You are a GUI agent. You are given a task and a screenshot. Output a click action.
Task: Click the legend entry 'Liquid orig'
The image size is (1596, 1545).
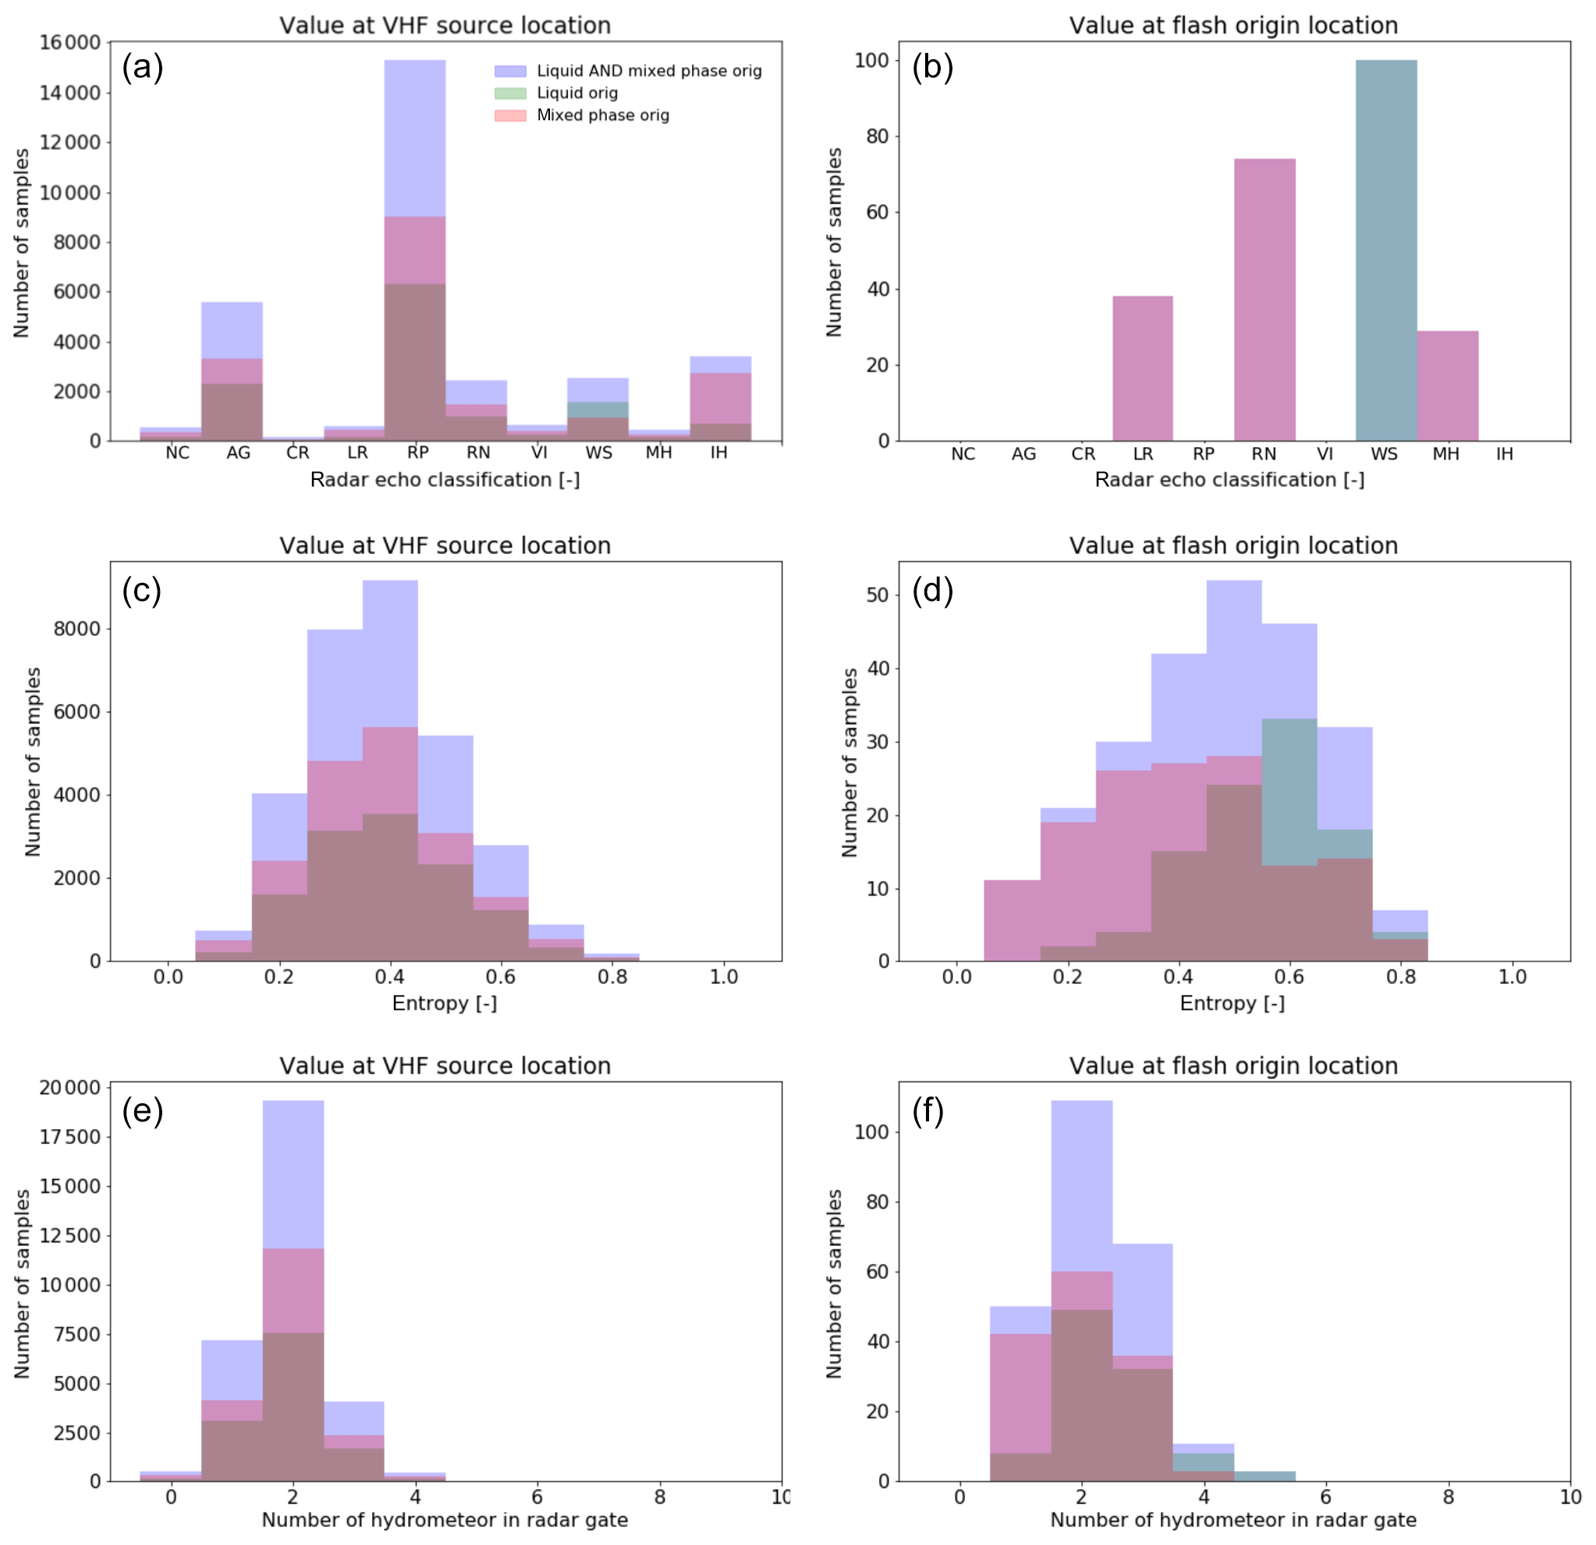576,93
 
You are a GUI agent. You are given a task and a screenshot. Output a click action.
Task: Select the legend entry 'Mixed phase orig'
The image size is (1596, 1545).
602,115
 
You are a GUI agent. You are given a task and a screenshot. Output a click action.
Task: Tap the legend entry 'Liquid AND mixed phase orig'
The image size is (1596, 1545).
649,71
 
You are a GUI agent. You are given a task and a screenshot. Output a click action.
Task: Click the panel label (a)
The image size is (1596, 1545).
143,67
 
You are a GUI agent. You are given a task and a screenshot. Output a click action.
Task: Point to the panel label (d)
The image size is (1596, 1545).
932,590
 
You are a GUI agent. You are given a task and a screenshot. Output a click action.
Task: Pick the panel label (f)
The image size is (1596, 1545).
927,1111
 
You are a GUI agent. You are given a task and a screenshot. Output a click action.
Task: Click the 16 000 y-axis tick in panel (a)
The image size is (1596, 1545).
70,42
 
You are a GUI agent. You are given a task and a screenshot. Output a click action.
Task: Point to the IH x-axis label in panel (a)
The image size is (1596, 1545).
718,453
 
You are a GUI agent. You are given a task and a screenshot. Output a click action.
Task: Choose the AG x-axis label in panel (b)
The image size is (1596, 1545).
1023,453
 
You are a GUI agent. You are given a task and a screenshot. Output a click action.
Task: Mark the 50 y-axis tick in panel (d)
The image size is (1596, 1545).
877,595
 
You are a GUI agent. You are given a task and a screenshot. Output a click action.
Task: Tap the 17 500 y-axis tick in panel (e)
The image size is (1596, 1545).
70,1137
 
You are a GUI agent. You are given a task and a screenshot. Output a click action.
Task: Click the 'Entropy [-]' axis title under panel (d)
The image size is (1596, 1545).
1232,1003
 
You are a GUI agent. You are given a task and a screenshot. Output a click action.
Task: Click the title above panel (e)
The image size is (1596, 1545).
445,1065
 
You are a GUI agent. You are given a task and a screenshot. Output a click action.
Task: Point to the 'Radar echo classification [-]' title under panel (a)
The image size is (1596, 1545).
445,480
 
